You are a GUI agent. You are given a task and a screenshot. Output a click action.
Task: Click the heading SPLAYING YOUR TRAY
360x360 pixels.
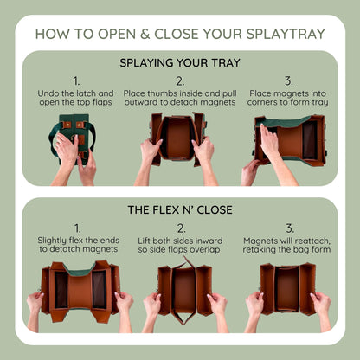pos(180,63)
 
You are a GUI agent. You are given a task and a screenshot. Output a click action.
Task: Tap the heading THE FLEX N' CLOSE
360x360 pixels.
pos(180,209)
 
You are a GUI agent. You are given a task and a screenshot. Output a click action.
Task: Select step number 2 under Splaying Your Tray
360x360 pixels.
pos(180,80)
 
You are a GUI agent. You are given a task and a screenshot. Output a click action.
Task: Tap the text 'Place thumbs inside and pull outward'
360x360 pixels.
pos(180,98)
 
